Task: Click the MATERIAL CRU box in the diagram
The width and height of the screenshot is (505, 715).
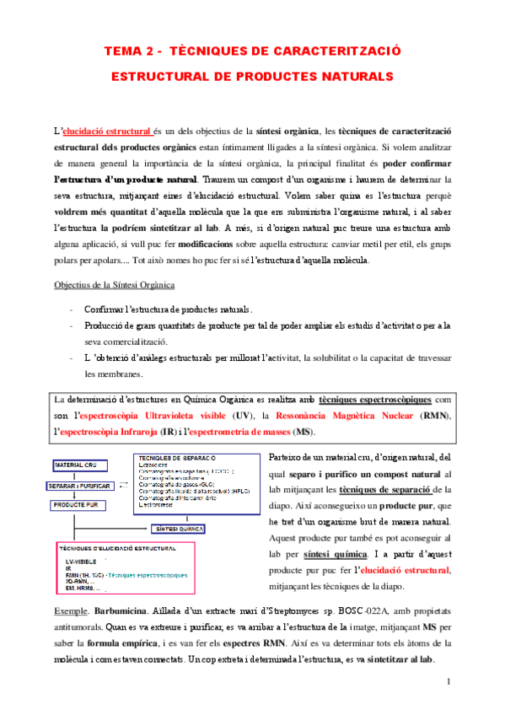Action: point(78,465)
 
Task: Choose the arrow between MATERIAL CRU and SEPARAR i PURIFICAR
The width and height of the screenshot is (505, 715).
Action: point(78,476)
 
